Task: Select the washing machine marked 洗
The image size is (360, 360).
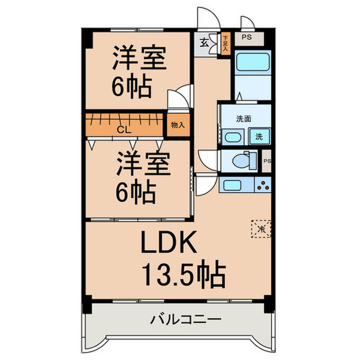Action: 258,137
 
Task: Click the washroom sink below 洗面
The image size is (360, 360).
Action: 234,137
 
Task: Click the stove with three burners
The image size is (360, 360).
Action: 262,184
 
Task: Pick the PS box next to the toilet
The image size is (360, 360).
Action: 266,161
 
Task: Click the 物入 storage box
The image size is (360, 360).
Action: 177,125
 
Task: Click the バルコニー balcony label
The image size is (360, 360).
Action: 186,319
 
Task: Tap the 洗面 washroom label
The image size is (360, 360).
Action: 243,119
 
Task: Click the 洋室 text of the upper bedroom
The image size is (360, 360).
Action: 139,59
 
